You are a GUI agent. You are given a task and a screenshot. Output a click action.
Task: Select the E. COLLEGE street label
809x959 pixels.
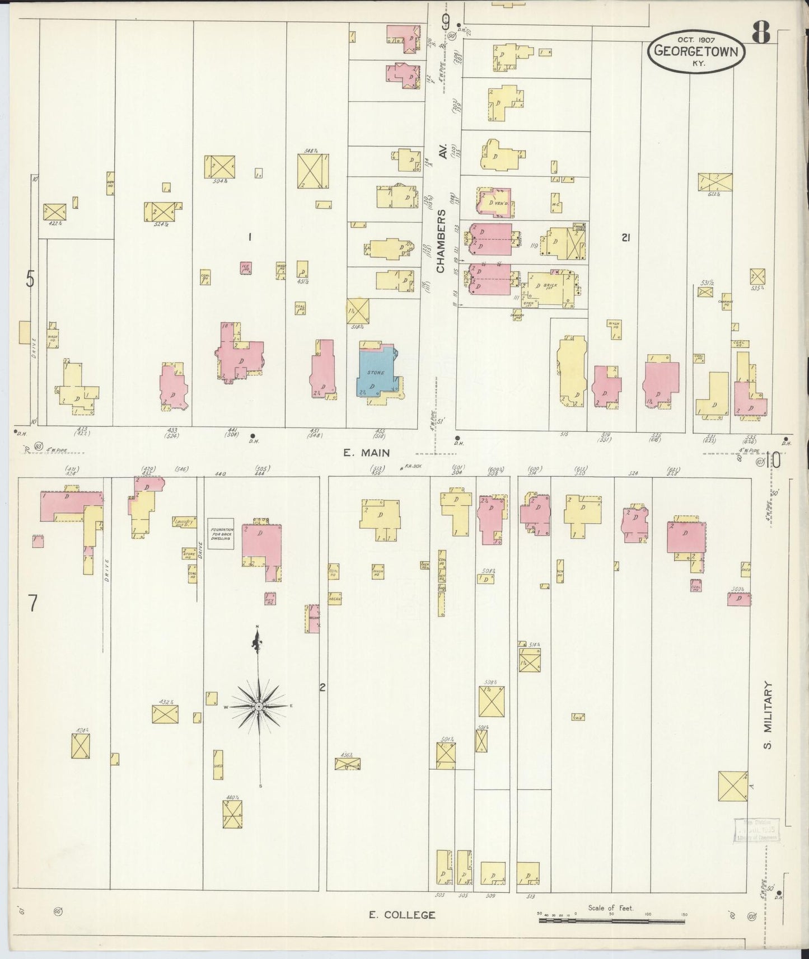click(401, 915)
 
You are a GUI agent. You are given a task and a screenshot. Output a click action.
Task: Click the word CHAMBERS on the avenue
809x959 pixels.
click(441, 241)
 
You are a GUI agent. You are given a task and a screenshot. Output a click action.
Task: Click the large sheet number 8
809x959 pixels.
click(760, 33)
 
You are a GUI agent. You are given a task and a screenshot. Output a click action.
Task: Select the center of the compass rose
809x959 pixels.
click(259, 707)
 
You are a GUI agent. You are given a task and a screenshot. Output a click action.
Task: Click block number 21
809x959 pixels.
click(626, 238)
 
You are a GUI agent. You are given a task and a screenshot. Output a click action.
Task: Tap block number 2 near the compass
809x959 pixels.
click(322, 688)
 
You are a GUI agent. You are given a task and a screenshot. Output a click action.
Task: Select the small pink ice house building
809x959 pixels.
click(245, 268)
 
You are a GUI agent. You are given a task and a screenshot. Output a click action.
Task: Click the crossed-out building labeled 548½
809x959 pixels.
click(313, 171)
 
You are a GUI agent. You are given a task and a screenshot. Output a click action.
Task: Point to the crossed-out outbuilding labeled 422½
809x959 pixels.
click(54, 211)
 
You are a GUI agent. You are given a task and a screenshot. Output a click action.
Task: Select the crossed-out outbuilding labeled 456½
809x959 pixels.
click(347, 764)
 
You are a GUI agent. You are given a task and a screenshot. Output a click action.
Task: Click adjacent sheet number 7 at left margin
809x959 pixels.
click(33, 603)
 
